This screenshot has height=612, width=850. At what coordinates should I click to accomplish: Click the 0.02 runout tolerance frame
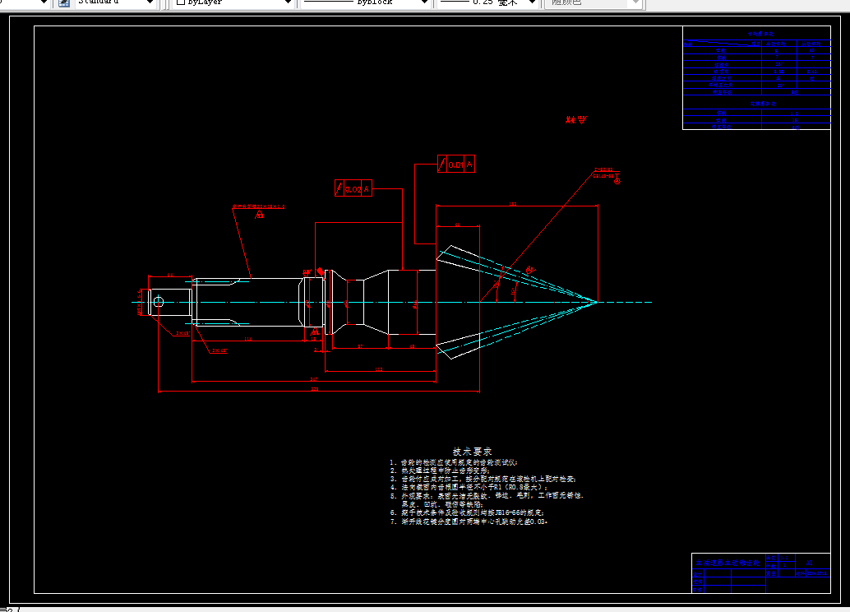click(354, 188)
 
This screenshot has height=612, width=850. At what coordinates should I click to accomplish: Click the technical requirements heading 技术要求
click(473, 452)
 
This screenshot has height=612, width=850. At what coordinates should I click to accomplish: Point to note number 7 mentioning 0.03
click(469, 522)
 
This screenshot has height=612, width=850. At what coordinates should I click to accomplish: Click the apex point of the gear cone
click(597, 302)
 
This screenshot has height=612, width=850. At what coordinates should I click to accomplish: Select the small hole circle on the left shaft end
click(159, 302)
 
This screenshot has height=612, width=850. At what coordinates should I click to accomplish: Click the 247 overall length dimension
click(313, 379)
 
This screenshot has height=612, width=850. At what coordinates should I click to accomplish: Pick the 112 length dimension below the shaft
click(379, 370)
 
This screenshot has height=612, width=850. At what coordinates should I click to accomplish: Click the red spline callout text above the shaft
click(258, 206)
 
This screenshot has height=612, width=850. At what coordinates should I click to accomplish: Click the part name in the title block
click(727, 563)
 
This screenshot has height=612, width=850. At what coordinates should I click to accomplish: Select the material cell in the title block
click(810, 563)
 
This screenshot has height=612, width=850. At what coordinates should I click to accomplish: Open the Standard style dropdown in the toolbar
click(115, 3)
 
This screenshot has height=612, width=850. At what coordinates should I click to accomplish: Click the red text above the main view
click(576, 120)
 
